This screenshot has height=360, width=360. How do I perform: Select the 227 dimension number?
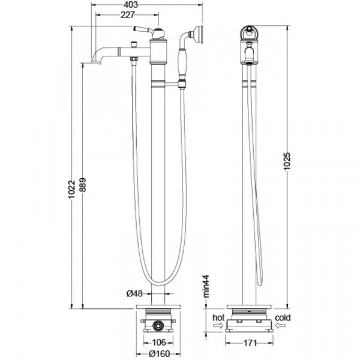point(127,16)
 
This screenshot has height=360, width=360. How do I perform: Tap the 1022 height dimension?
point(72,190)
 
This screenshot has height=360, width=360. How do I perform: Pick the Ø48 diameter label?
point(133,293)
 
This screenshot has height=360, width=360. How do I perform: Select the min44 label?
point(205,287)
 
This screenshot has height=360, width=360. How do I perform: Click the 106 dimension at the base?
point(158,343)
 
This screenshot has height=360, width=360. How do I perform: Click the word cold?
point(284,317)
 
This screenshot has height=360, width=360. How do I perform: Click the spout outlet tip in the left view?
point(95,60)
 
